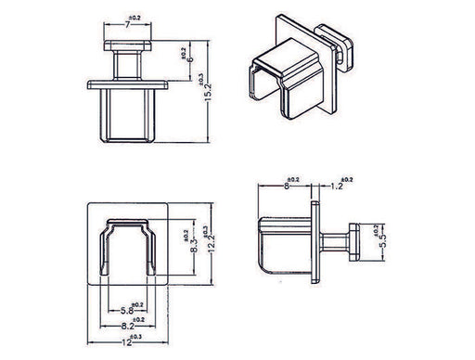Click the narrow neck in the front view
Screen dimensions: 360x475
point(123,67)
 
